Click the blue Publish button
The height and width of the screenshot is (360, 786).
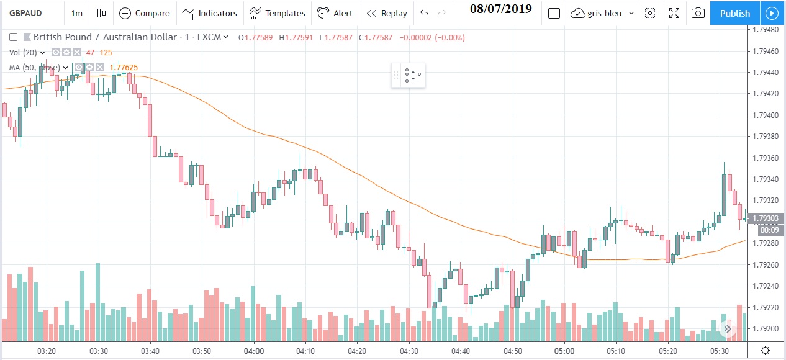click(x=734, y=13)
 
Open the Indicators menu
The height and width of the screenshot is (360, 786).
click(x=210, y=13)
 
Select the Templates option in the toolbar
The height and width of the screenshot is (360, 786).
click(x=278, y=13)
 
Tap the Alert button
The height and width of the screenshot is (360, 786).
click(x=335, y=13)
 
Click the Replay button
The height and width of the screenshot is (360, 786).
click(x=387, y=13)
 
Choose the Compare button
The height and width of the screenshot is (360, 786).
click(x=145, y=13)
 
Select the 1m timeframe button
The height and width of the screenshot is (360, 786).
click(x=76, y=13)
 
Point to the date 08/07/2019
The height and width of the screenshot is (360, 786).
click(x=500, y=9)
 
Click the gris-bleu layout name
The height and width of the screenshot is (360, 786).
click(x=603, y=13)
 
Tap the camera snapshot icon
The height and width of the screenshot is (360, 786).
click(x=698, y=13)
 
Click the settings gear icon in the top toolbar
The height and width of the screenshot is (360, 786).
click(x=650, y=13)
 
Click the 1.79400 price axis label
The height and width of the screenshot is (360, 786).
click(x=766, y=115)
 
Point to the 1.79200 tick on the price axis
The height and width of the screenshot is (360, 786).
click(x=766, y=328)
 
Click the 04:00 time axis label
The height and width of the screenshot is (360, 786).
click(x=254, y=351)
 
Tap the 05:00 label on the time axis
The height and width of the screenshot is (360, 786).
click(x=564, y=351)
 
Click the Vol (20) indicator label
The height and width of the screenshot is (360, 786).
click(x=24, y=52)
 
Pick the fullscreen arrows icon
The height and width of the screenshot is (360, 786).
click(x=674, y=13)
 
